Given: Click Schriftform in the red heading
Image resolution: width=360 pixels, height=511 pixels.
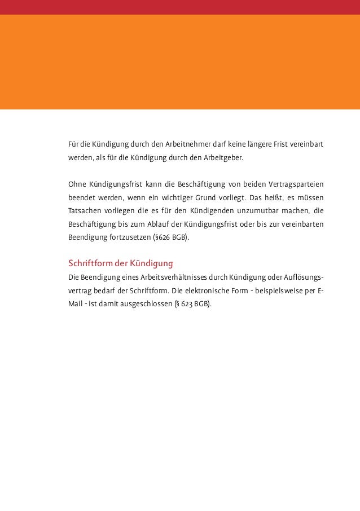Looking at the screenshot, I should [89, 263].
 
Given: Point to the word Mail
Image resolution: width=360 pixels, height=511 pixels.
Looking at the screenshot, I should [75, 304].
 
